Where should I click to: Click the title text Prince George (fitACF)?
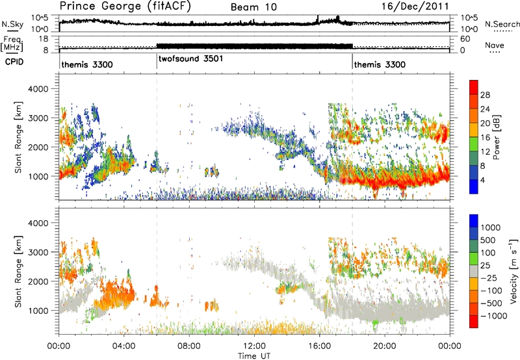[x=125, y=6]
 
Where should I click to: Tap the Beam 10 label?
[x=253, y=7]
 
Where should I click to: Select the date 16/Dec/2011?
[x=415, y=6]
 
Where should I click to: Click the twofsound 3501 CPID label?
[x=190, y=59]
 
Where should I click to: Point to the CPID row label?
[x=14, y=61]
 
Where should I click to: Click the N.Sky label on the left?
[x=12, y=24]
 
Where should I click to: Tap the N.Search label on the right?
[x=502, y=24]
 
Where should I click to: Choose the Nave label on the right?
[x=495, y=45]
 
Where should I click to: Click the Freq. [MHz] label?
[x=12, y=44]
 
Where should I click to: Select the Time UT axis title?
[x=254, y=356]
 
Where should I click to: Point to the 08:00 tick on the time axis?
[x=189, y=346]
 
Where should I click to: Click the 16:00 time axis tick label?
[x=319, y=346]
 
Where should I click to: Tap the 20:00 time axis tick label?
[x=385, y=346]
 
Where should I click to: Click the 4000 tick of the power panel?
[x=39, y=89]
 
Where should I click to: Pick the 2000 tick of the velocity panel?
[x=39, y=281]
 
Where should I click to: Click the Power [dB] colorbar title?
[x=496, y=137]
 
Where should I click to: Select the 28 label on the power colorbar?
[x=485, y=95]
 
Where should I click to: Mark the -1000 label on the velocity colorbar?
[x=494, y=316]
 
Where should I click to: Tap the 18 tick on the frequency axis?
[x=44, y=39]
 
